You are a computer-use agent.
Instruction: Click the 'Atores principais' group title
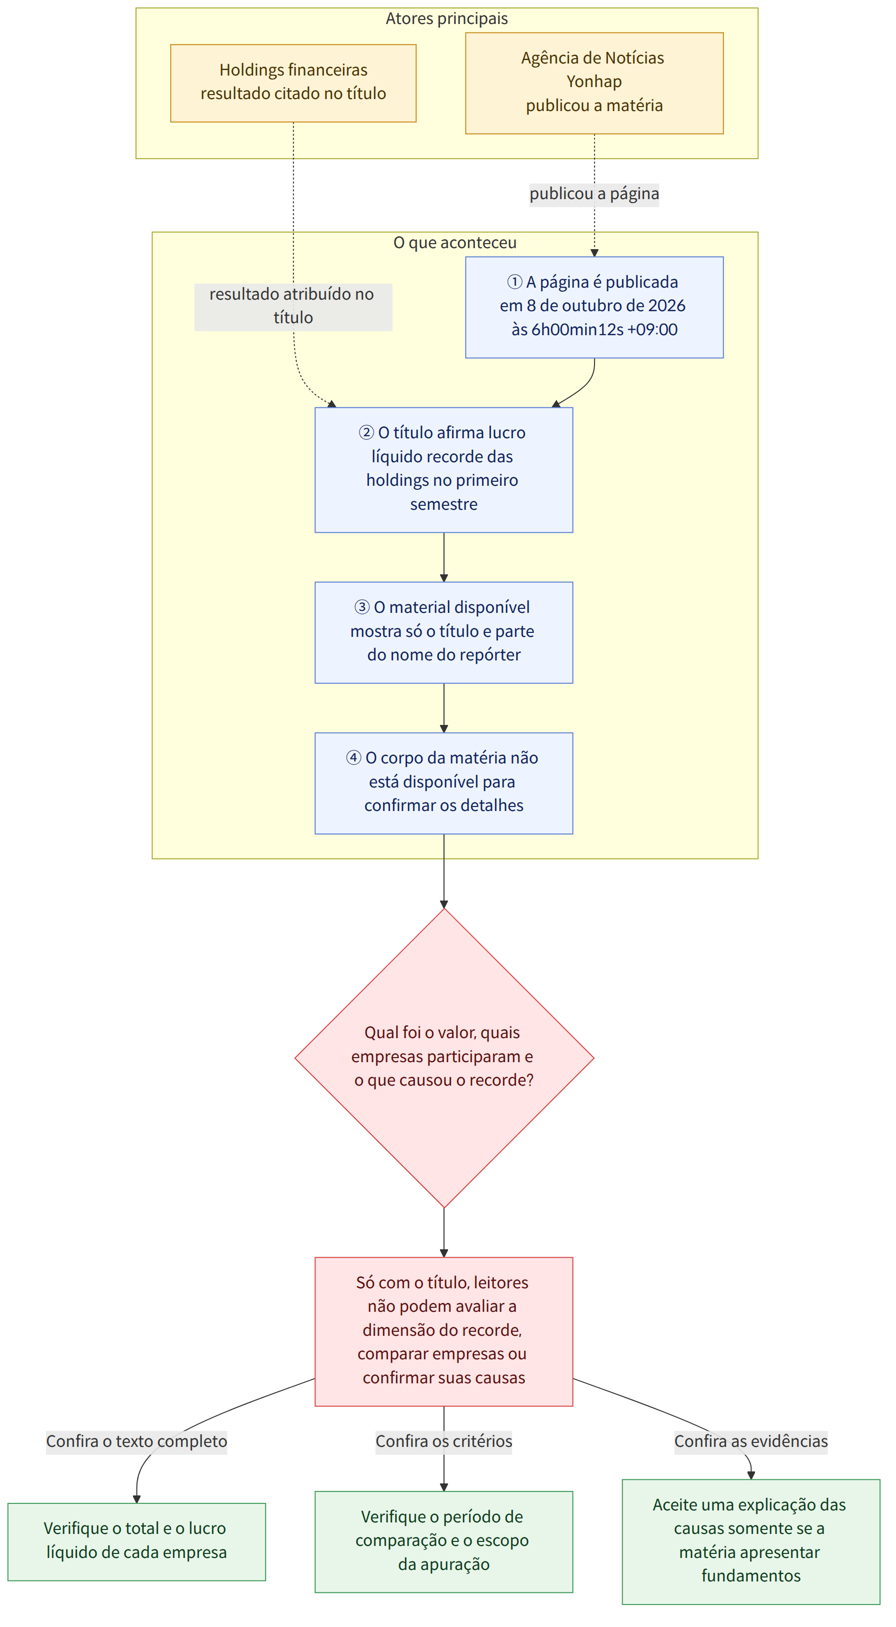[x=446, y=19]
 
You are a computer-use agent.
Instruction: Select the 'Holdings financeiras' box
[x=293, y=83]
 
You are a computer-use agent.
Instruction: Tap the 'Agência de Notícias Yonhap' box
[x=594, y=83]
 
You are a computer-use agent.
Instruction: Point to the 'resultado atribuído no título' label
[x=293, y=306]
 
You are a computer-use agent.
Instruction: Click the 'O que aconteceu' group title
[x=454, y=243]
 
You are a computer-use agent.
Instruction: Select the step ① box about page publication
[x=594, y=307]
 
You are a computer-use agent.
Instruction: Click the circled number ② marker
[x=366, y=433]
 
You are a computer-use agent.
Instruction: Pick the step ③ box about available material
[x=444, y=632]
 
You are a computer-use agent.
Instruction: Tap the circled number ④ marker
[x=353, y=758]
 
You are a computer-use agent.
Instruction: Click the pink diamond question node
[x=444, y=1058]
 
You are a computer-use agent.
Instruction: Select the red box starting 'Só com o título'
[x=444, y=1331]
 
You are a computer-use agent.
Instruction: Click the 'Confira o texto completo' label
[x=136, y=1441]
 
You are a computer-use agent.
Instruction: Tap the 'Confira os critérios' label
[x=444, y=1441]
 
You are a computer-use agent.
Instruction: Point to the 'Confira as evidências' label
[x=751, y=1441]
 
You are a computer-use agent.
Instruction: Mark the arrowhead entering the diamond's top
[x=444, y=905]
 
